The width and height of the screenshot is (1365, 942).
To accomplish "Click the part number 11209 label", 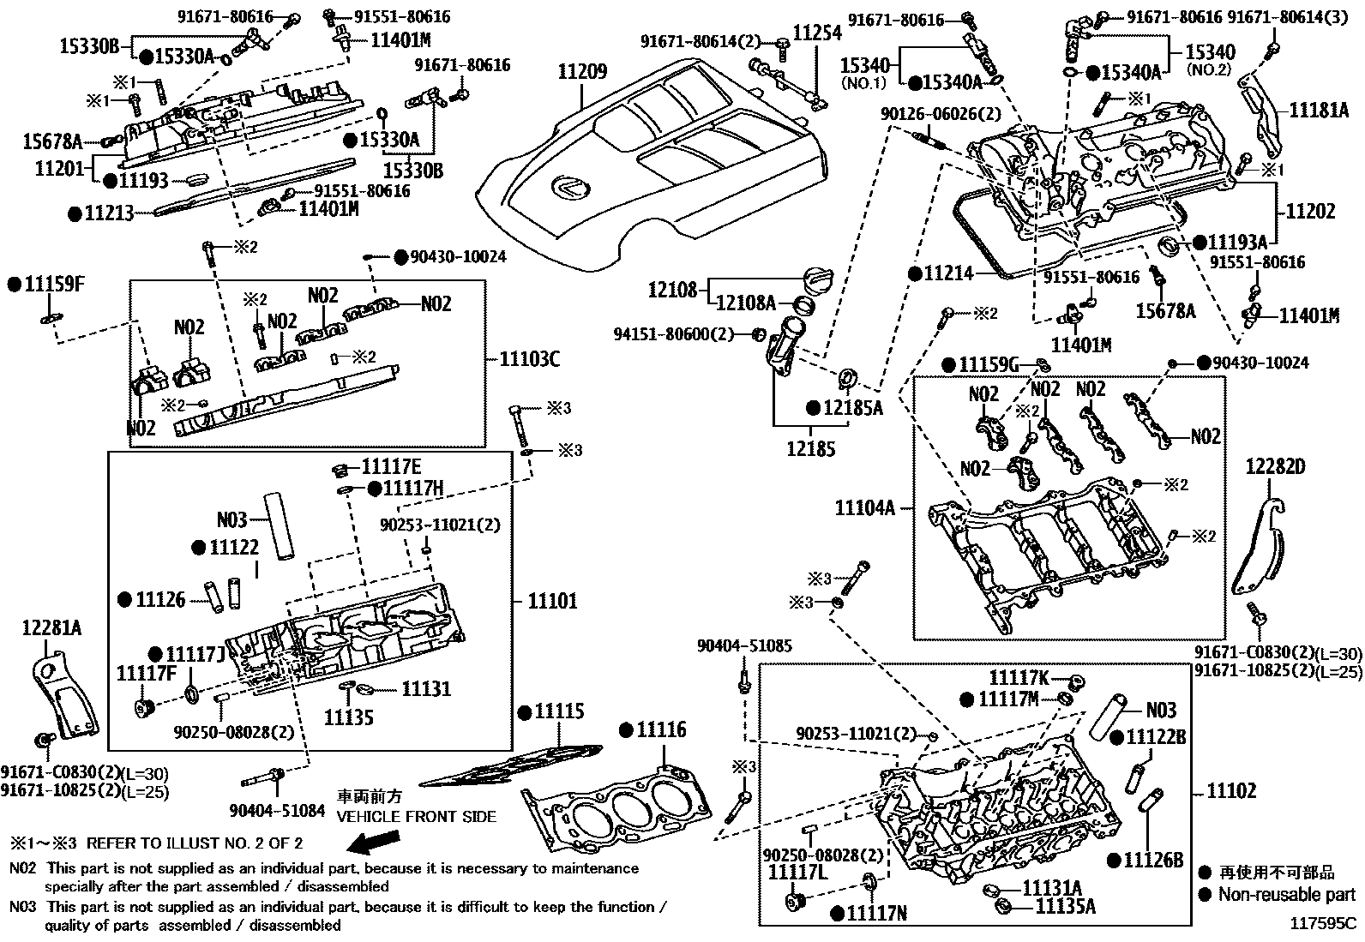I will point(582,72).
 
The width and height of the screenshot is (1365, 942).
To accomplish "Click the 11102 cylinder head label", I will point(1231,790).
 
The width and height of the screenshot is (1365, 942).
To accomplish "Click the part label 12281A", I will point(51,628).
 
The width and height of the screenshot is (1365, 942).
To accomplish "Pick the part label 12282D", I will point(1276,466).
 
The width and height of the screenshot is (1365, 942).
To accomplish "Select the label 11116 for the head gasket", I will point(660,729).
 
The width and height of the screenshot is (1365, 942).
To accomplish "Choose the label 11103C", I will point(529,359).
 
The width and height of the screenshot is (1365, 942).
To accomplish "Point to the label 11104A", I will point(864,508).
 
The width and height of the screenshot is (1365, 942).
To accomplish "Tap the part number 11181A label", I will point(1319,110).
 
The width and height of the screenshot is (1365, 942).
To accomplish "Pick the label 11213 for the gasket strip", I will point(109,213).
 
